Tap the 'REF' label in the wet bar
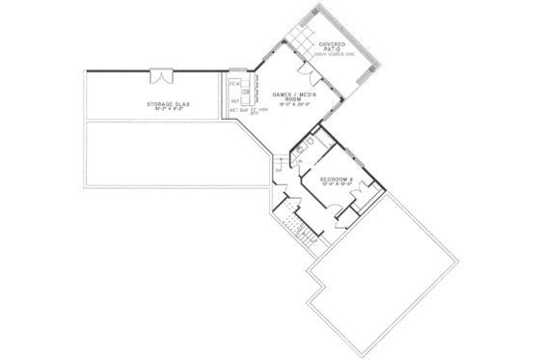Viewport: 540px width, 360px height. click(x=234, y=100)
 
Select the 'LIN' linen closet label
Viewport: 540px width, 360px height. click(x=287, y=161)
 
